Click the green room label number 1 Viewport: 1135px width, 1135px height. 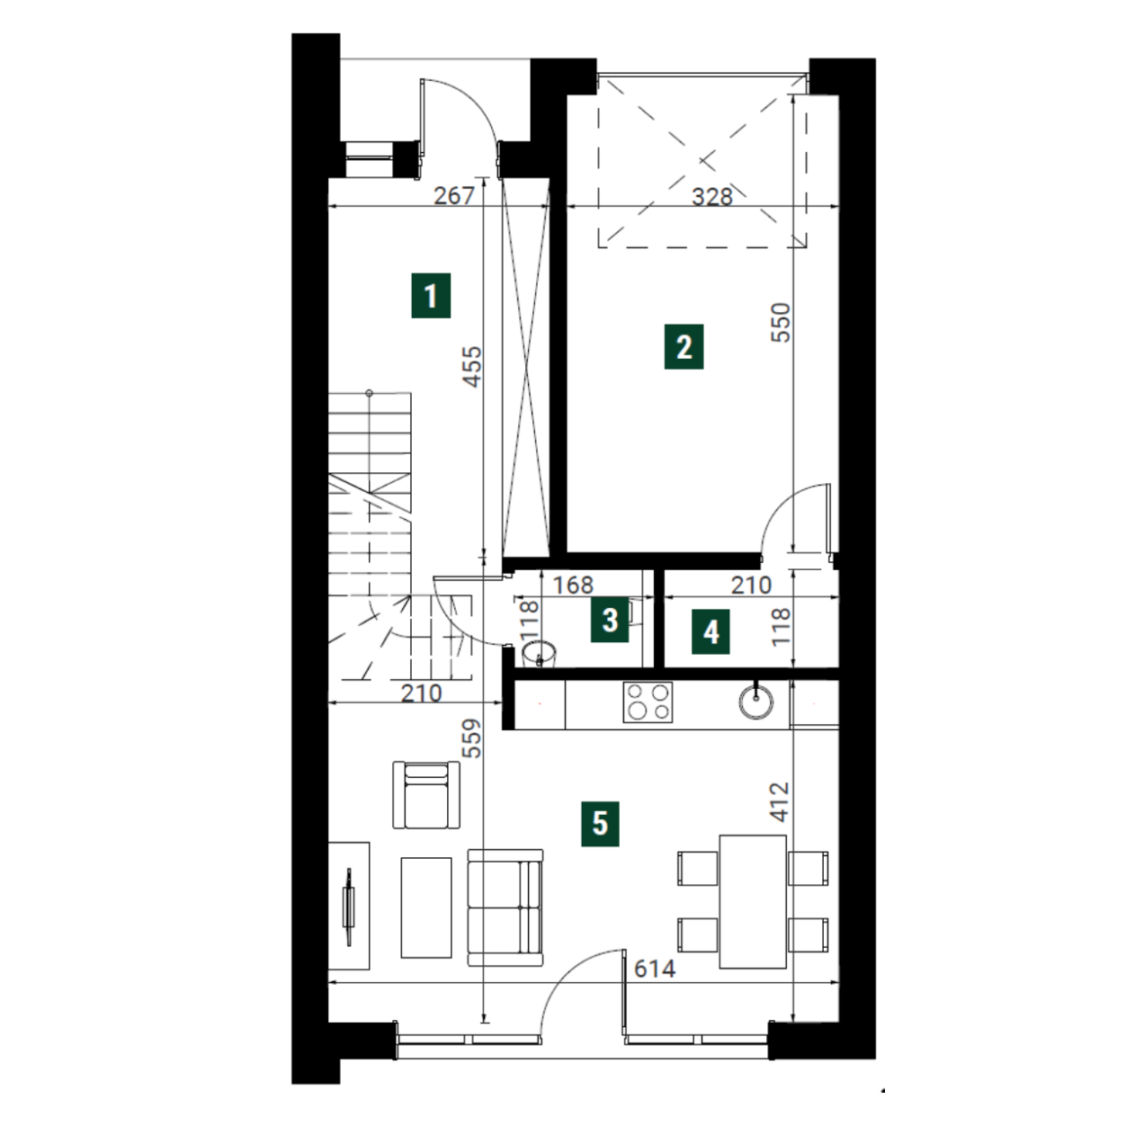click(431, 296)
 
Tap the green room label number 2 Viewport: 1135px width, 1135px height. click(684, 347)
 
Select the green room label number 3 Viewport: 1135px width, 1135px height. click(610, 621)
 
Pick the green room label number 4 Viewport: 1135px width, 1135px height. click(710, 632)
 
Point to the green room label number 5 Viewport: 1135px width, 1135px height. click(600, 824)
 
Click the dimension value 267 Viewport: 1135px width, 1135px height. click(454, 195)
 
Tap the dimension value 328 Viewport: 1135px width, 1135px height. click(712, 197)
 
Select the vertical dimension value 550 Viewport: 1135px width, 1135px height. click(781, 322)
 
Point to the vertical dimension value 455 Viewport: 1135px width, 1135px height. click(472, 366)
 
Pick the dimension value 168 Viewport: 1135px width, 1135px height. click(573, 585)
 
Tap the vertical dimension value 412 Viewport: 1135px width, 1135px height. click(780, 801)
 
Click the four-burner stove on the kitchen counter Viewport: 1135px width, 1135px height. click(648, 702)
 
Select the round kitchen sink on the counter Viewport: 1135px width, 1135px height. click(755, 701)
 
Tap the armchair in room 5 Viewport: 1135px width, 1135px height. click(426, 794)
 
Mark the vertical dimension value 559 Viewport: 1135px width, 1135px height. click(472, 738)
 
